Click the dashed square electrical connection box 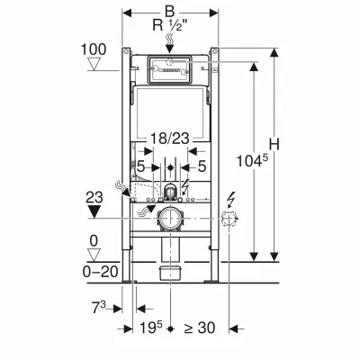230,219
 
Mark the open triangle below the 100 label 94,65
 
